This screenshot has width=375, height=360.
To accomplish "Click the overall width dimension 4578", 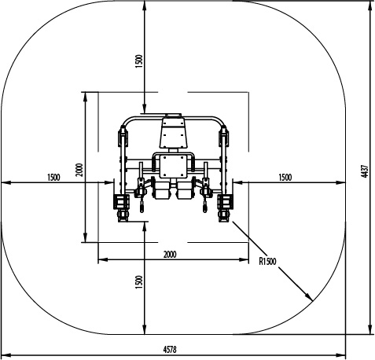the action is pyautogui.click(x=170, y=349).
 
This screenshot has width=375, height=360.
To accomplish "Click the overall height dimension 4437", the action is pyautogui.click(x=365, y=171).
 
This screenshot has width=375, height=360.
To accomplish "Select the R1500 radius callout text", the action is pyautogui.click(x=267, y=261).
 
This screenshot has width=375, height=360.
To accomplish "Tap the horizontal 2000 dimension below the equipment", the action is pyautogui.click(x=170, y=254).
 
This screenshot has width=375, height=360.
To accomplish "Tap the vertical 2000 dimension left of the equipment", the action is pyautogui.click(x=79, y=170).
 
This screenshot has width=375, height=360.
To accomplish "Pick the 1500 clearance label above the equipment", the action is pyautogui.click(x=139, y=61).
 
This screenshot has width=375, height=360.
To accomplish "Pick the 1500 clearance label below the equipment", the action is pyautogui.click(x=139, y=282).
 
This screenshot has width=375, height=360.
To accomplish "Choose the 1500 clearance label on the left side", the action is pyautogui.click(x=53, y=178).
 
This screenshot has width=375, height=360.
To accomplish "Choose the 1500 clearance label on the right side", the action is pyautogui.click(x=285, y=178).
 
